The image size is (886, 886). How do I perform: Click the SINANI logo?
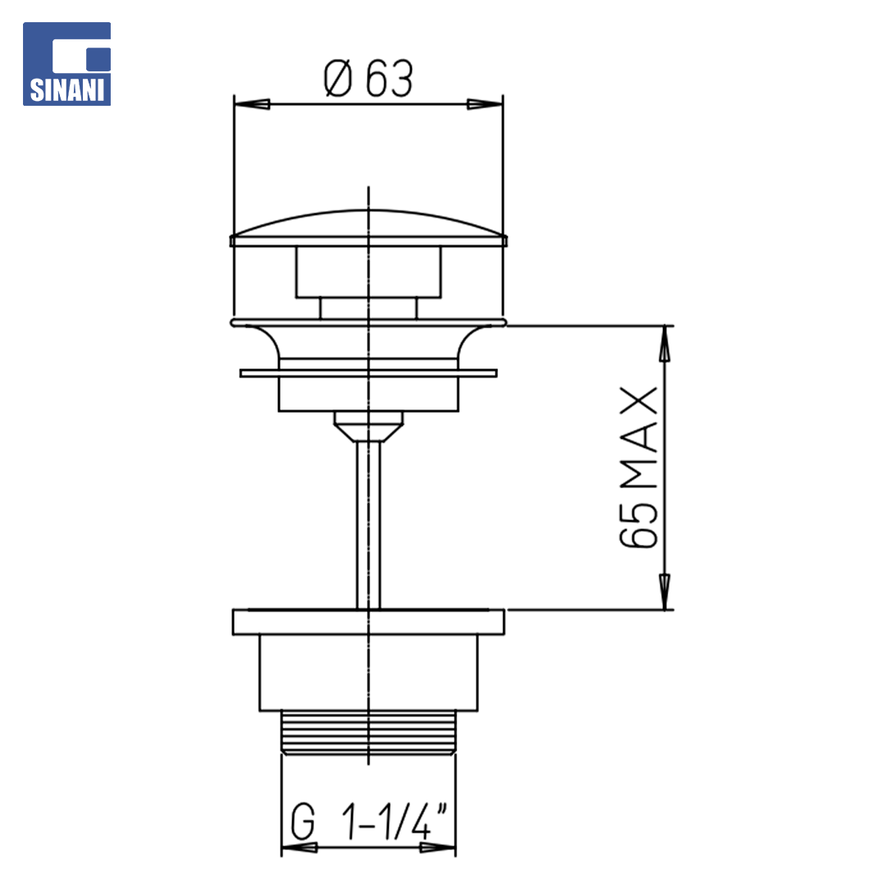(66, 64)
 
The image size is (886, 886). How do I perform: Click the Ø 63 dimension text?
(368, 79)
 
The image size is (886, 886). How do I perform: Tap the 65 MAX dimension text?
(638, 468)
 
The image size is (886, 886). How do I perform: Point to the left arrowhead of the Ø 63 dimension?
(252, 104)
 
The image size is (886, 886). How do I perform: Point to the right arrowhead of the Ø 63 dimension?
(484, 104)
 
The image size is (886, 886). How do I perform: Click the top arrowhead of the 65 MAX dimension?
(665, 344)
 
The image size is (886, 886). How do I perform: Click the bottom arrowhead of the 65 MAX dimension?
(665, 591)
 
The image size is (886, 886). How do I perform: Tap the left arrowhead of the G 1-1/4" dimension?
(299, 847)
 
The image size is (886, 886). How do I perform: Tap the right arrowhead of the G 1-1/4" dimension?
(437, 847)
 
